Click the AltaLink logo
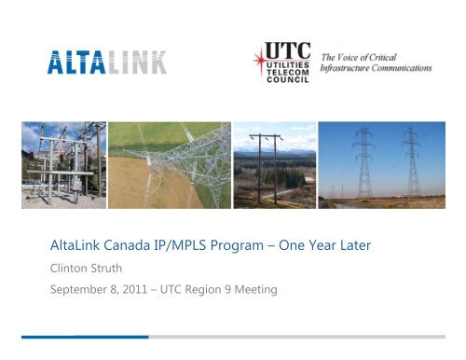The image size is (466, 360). [x=108, y=63]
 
